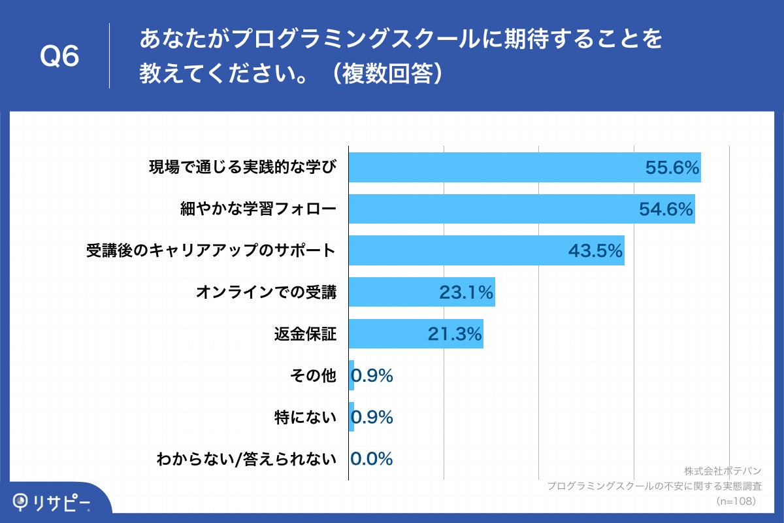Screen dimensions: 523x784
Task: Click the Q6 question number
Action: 59,57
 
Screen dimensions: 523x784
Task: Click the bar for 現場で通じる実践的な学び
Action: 497,167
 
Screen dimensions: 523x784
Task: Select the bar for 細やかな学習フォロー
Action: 497,209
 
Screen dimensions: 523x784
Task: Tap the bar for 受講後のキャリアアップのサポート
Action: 457,251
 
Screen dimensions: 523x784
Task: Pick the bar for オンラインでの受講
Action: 392,292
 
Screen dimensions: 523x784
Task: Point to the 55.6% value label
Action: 672,168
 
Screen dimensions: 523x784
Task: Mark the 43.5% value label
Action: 595,251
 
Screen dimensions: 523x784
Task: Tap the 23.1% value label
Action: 466,293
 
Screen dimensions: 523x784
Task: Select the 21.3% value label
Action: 455,334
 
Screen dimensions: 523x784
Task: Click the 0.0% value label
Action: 372,459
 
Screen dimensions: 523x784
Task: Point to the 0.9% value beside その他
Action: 372,376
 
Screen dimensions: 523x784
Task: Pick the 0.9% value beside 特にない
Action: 372,417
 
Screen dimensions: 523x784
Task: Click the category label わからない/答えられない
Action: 246,459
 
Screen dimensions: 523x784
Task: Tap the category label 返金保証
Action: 305,334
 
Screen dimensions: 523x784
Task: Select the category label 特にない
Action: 305,417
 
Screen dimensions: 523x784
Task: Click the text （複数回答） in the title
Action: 387,73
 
